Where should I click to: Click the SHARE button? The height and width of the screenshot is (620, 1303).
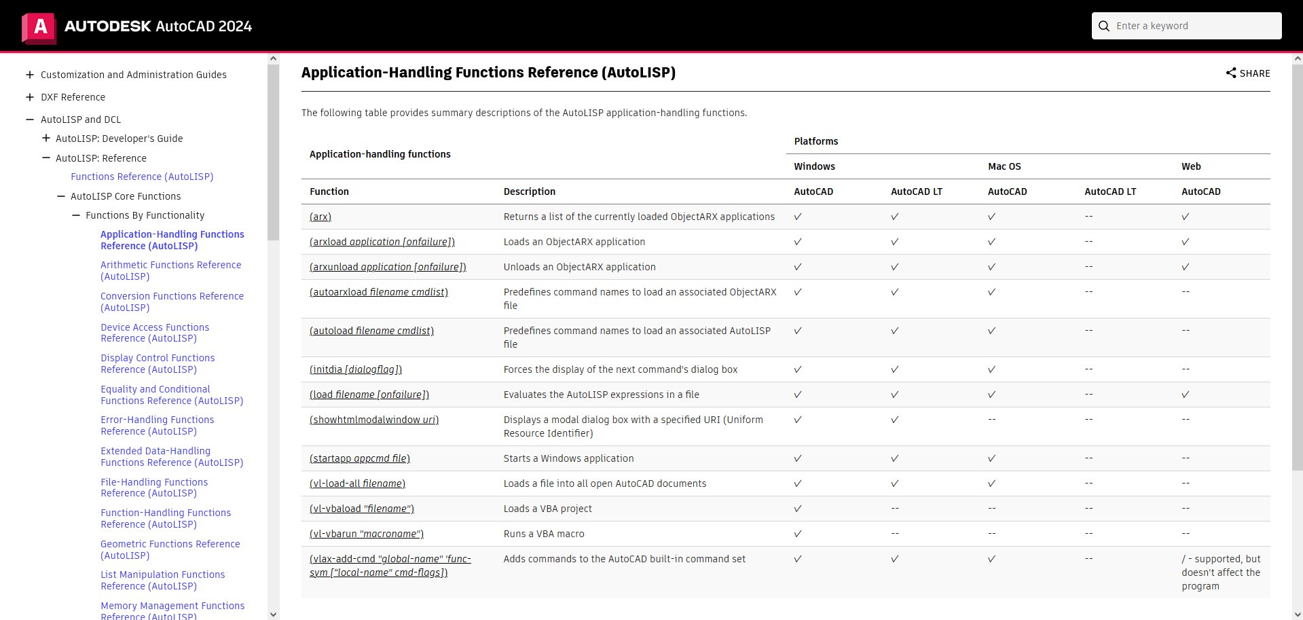coord(1247,73)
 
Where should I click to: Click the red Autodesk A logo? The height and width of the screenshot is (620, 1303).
coord(39,27)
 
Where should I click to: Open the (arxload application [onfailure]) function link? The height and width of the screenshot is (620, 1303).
coord(382,242)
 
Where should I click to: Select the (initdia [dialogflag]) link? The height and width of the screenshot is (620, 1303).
coord(355,369)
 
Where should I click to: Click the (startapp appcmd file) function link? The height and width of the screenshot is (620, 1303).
coord(359,458)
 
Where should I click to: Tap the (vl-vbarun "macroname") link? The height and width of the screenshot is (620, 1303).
coord(366,534)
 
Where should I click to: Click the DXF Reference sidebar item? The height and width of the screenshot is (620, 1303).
coord(73,97)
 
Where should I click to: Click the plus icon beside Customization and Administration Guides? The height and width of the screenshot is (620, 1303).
coord(30,75)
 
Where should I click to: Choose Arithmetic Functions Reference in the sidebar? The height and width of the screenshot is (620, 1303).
coord(170,270)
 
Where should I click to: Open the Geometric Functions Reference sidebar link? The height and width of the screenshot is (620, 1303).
coord(170,549)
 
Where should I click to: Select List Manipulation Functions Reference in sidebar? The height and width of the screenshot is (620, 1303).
coord(162,580)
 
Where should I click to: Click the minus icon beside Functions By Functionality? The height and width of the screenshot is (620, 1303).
coord(76,215)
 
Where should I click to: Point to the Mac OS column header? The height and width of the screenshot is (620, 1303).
coord(1004,166)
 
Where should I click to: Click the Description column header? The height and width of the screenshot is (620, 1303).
coord(529,192)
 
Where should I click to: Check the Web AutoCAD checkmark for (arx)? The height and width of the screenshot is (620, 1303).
coord(1185,217)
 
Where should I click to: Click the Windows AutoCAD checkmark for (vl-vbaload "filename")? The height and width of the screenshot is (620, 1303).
coord(798,509)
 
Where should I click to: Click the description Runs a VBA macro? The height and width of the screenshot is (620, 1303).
coord(543,534)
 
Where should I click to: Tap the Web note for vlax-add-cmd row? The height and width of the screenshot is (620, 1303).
coord(1220,572)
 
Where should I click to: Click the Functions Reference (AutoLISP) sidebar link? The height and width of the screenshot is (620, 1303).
coord(142,177)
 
